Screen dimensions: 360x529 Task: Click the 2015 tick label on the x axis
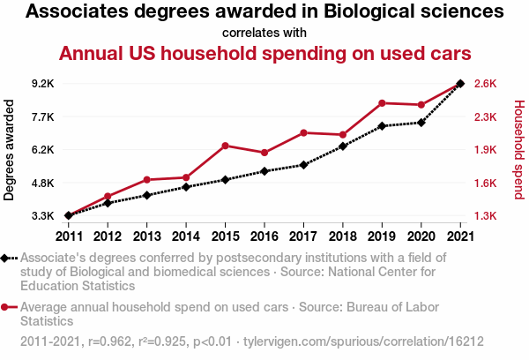225,236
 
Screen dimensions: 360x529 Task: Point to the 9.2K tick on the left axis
42,84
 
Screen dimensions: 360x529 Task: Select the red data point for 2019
382,103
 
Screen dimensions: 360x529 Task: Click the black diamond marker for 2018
343,146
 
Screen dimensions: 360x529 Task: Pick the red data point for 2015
225,146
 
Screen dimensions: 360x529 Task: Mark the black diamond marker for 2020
421,123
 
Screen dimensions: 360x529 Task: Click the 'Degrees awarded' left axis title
10,150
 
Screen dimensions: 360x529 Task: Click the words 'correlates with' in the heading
264,34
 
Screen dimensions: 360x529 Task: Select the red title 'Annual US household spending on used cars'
264,53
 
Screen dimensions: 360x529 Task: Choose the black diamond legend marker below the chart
5,259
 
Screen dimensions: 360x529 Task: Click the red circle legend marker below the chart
5,307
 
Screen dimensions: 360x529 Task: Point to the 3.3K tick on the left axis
42,216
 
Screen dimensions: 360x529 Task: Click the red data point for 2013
146,180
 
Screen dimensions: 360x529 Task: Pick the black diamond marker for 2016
264,171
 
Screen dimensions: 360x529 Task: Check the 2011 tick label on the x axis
69,236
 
